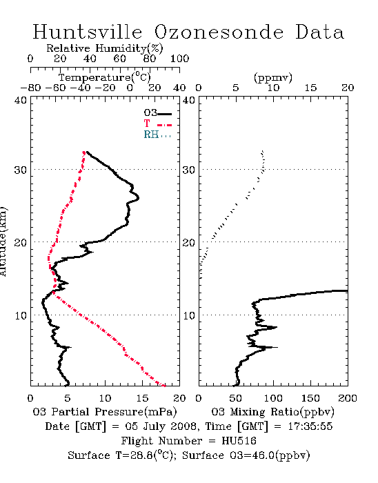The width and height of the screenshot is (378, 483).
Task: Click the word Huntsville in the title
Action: click(x=88, y=32)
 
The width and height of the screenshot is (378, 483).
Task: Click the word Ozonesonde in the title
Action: click(x=218, y=32)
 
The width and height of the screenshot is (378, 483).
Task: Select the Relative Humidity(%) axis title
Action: click(x=105, y=48)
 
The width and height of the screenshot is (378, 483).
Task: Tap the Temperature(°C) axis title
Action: click(x=105, y=77)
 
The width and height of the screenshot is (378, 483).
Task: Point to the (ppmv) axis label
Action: click(x=273, y=77)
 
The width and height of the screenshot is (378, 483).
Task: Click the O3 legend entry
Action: click(x=157, y=113)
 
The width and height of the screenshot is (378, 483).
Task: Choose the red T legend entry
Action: click(x=157, y=124)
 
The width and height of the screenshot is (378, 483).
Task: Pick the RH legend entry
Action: click(x=157, y=135)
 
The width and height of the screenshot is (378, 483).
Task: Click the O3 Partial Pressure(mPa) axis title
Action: click(x=105, y=412)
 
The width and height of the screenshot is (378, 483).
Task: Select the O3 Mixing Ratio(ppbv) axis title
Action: click(x=272, y=412)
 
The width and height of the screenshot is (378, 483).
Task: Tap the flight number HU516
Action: click(x=239, y=441)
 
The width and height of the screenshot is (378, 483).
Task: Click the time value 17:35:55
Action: click(x=310, y=426)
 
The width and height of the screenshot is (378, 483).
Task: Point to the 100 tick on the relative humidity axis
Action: click(x=179, y=59)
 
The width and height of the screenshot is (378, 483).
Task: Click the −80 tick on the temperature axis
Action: click(x=30, y=88)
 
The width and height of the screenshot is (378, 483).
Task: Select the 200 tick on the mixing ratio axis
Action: click(x=348, y=398)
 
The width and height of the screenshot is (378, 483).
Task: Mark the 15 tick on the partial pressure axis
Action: click(x=142, y=398)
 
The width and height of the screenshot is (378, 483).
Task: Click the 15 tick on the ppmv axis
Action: click(x=310, y=88)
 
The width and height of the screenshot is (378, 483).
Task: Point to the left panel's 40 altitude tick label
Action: click(x=20, y=101)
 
